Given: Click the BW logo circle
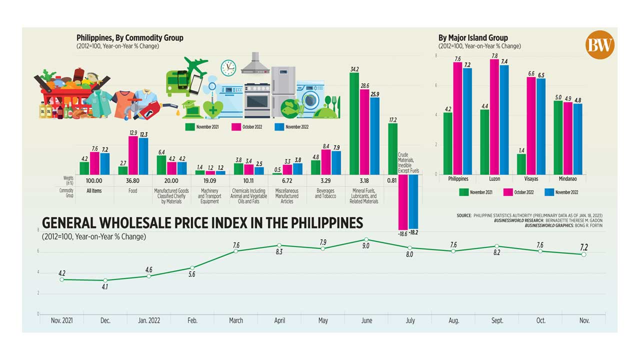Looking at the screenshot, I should (x=599, y=45).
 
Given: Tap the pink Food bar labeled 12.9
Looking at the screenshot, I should (x=133, y=155).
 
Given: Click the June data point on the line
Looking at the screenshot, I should (x=366, y=239).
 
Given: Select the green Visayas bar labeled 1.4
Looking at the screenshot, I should (x=521, y=164).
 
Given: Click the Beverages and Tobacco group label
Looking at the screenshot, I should (x=325, y=193).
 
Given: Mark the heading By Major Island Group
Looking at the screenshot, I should (x=472, y=37).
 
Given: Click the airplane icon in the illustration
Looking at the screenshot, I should (x=196, y=66).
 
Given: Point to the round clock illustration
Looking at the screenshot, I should (x=228, y=67).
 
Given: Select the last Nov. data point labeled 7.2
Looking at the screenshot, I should (x=583, y=254).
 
